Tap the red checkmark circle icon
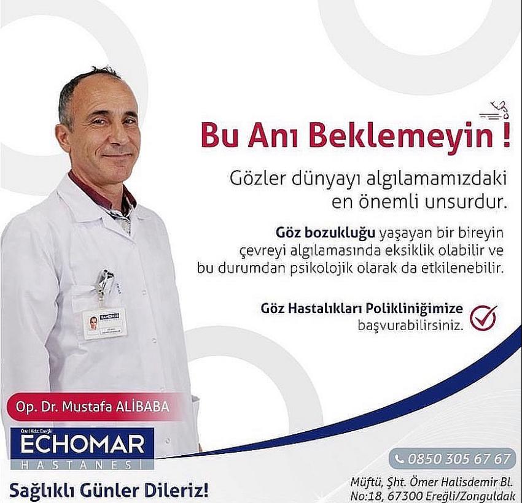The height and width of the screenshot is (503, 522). pyautogui.click(x=483, y=318)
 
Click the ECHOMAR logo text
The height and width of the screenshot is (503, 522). pyautogui.click(x=82, y=444)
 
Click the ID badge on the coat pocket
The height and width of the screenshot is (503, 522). pyautogui.click(x=104, y=323)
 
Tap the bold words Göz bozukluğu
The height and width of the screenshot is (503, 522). pyautogui.click(x=325, y=234)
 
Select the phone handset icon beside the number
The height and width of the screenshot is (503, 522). pyautogui.click(x=399, y=459)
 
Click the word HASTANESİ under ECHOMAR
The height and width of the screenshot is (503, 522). pyautogui.click(x=82, y=464)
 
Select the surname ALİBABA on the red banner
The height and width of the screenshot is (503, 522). pyautogui.click(x=141, y=407)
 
